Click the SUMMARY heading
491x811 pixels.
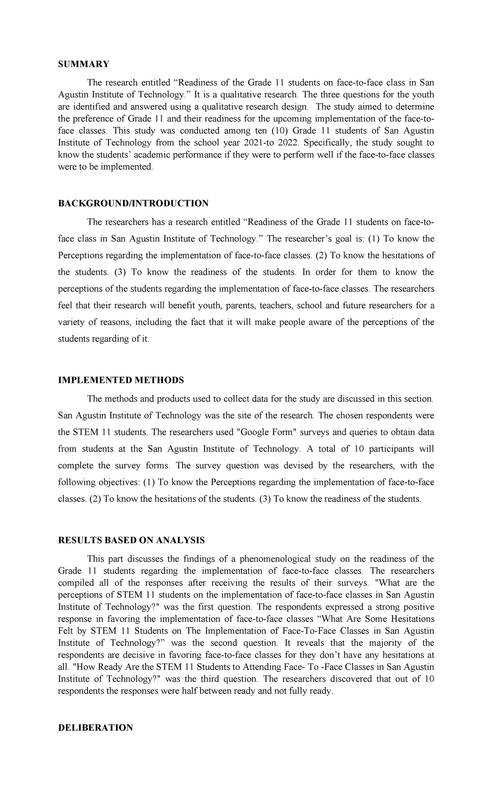84,64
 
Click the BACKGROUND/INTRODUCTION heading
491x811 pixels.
133,203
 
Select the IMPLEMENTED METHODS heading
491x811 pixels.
121,380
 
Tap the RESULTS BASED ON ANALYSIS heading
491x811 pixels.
131,540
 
